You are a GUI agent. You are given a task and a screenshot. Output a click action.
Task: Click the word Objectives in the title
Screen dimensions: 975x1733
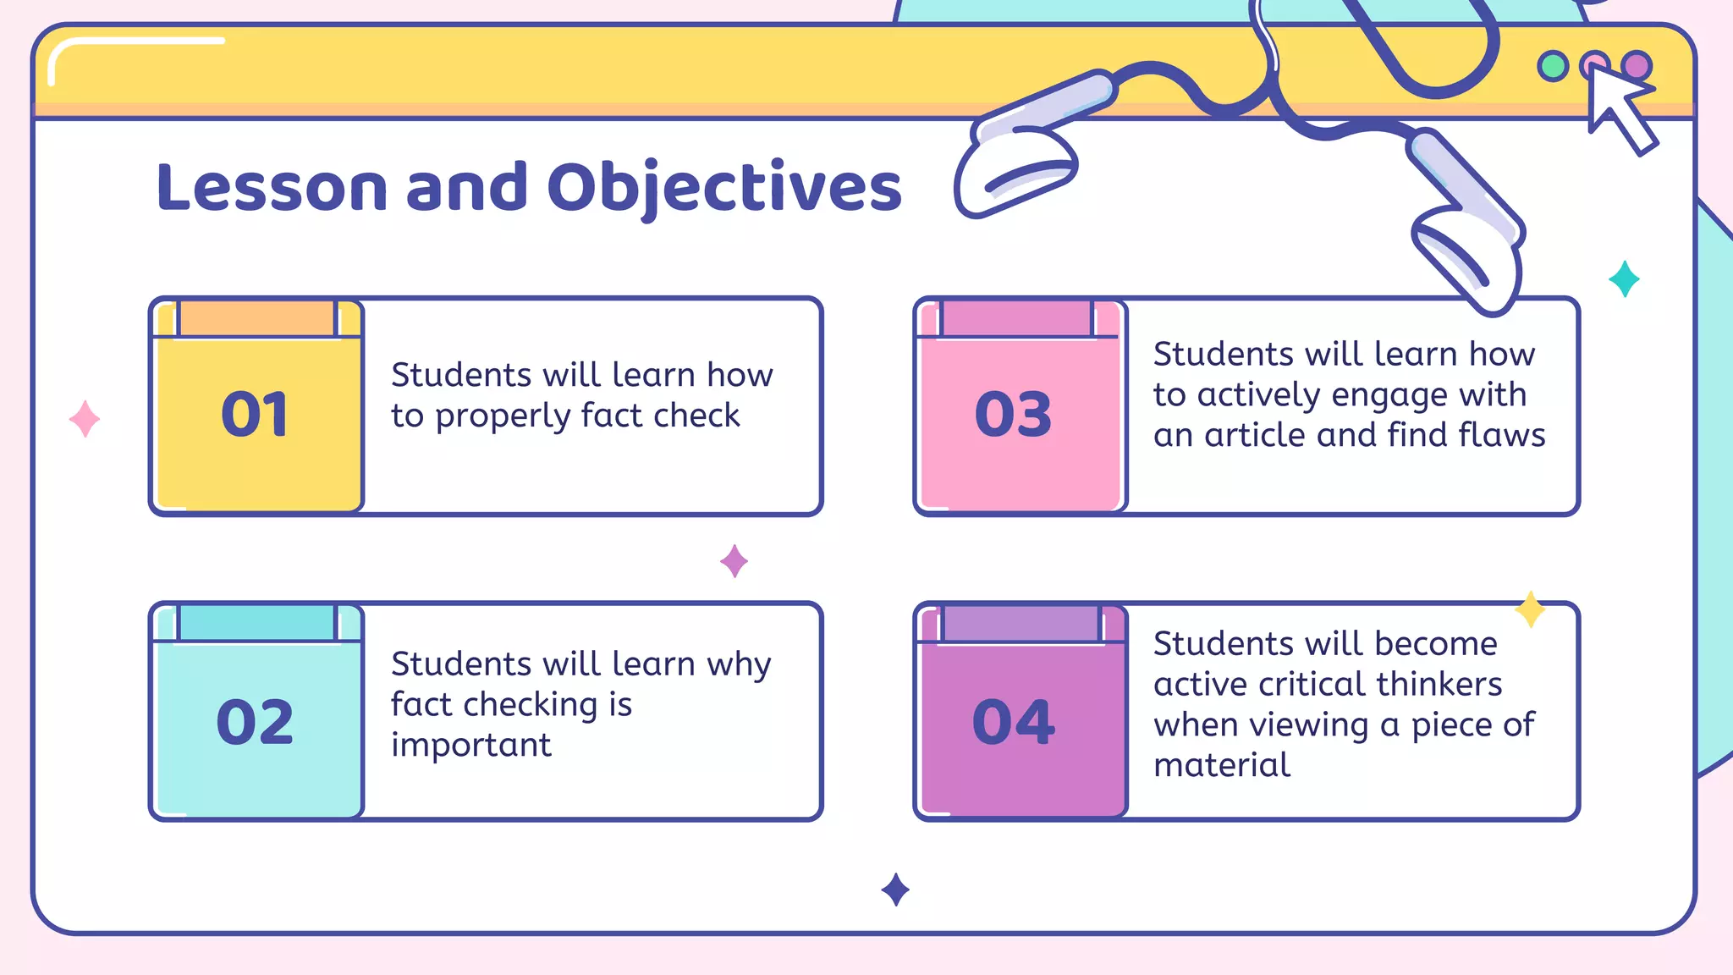point(724,188)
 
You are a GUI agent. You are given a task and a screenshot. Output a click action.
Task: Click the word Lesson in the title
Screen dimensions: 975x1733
point(272,188)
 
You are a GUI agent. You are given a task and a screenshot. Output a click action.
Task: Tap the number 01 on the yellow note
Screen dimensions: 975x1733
point(255,415)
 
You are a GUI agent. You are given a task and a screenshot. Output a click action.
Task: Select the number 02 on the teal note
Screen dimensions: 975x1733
point(255,722)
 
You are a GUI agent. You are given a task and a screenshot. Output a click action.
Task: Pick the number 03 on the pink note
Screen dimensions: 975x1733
point(1013,415)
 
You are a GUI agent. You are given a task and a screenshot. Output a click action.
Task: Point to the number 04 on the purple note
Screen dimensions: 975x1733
point(1013,722)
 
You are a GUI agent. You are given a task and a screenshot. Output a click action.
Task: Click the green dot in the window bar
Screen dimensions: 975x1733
point(1553,66)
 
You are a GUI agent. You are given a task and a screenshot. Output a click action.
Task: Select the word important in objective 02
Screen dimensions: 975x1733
point(470,746)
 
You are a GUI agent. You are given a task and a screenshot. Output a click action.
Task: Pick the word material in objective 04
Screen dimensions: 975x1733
point(1221,766)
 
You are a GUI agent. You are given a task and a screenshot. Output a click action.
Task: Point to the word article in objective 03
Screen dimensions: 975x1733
point(1255,436)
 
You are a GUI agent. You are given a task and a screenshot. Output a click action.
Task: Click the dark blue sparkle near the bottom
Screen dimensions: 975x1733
point(895,890)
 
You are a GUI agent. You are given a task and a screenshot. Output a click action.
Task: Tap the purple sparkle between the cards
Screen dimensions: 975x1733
point(734,561)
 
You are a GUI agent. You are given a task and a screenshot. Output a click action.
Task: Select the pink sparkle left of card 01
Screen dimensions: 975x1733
point(85,419)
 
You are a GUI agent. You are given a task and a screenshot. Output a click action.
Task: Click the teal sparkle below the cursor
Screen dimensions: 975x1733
point(1624,279)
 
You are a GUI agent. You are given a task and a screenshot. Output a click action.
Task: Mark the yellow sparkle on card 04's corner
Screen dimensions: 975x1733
point(1530,609)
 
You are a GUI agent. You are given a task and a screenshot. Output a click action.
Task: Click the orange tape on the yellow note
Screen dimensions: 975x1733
point(257,319)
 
